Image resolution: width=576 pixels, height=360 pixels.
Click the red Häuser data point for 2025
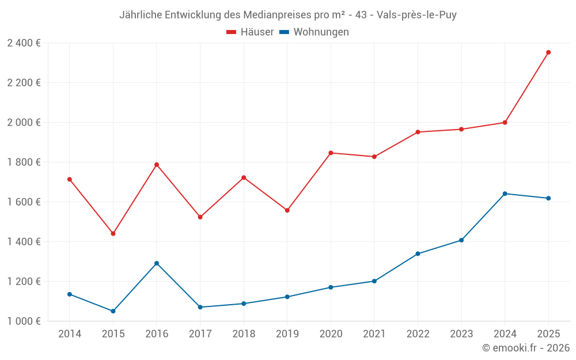pyautogui.click(x=548, y=52)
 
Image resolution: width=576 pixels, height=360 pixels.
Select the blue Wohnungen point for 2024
pyautogui.click(x=505, y=194)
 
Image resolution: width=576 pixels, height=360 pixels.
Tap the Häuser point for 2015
pyautogui.click(x=113, y=234)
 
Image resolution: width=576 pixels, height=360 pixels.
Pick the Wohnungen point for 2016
pyautogui.click(x=157, y=263)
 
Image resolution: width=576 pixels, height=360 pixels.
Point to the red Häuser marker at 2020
pyautogui.click(x=331, y=153)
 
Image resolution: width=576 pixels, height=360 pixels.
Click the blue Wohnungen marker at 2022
pyautogui.click(x=418, y=253)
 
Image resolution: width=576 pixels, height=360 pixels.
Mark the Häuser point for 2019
pyautogui.click(x=287, y=210)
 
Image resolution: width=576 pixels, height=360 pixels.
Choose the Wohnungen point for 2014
pyautogui.click(x=70, y=294)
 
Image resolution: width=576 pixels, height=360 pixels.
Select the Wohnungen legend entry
pyautogui.click(x=321, y=32)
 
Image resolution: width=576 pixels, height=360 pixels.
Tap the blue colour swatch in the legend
pyautogui.click(x=284, y=32)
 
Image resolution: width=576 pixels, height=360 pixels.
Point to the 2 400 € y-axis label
pyautogui.click(x=24, y=43)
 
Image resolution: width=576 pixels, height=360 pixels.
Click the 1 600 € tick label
pyautogui.click(x=24, y=202)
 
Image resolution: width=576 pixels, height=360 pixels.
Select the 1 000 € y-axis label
pyautogui.click(x=24, y=321)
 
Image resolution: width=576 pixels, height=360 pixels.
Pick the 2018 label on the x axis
pyautogui.click(x=244, y=334)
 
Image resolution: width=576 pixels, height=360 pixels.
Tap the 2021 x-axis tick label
pyautogui.click(x=374, y=334)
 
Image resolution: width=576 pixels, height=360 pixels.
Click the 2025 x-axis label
pyautogui.click(x=548, y=334)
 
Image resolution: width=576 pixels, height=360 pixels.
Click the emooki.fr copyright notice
pyautogui.click(x=526, y=348)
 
